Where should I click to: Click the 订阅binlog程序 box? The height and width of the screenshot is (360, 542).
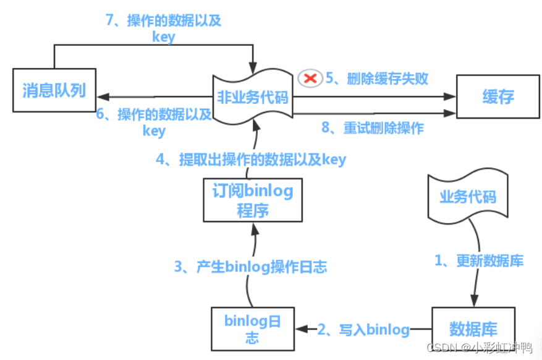tap(253, 200)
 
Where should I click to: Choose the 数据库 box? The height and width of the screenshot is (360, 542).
tap(473, 328)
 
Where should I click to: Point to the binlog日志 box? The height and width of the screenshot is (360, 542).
tap(252, 328)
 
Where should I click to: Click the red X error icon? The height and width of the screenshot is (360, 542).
tap(310, 78)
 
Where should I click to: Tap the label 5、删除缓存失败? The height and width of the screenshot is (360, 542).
tap(377, 79)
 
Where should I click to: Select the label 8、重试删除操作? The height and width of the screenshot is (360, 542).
tap(373, 128)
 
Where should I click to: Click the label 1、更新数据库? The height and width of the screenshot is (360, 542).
tap(479, 261)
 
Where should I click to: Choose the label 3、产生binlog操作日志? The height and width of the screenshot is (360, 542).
tap(250, 267)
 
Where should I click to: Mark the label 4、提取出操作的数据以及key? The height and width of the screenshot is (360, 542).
tap(251, 160)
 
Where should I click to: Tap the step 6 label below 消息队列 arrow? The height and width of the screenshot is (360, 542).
tap(154, 122)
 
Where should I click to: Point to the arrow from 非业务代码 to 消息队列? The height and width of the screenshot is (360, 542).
tap(155, 96)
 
